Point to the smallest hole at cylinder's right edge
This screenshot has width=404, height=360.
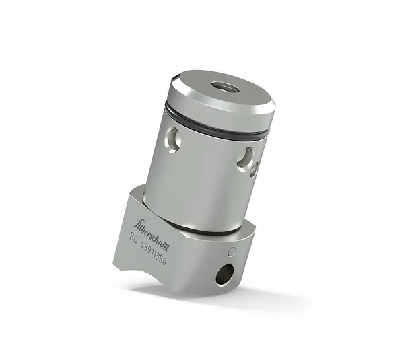tap(254, 169)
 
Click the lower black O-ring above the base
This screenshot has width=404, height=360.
tap(202, 229)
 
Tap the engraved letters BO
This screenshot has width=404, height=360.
tap(135, 237)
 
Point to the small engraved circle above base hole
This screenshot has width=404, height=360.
tap(233, 253)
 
